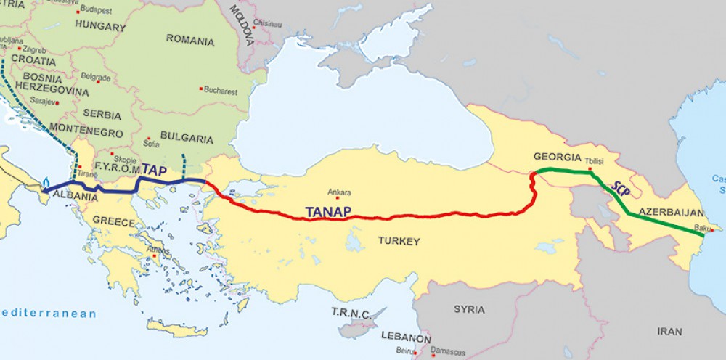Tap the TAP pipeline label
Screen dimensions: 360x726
[x=155, y=169]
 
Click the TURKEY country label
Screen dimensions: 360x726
[x=398, y=240]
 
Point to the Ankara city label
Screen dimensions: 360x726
[x=339, y=192]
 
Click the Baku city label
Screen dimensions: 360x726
[x=703, y=228]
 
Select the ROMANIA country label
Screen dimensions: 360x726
[x=190, y=41]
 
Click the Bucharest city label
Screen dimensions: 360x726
[x=221, y=91]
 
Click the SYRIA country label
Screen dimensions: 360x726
[x=469, y=309]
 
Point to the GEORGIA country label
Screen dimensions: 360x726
[x=557, y=157]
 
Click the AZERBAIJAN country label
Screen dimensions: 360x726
[x=672, y=213]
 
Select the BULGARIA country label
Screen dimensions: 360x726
[x=186, y=138]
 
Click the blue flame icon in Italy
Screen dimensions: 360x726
[x=46, y=182]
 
